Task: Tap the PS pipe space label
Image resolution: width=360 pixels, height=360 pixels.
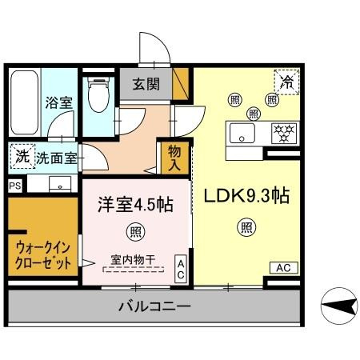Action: (x=14, y=185)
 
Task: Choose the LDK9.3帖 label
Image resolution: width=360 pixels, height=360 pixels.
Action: (x=246, y=196)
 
